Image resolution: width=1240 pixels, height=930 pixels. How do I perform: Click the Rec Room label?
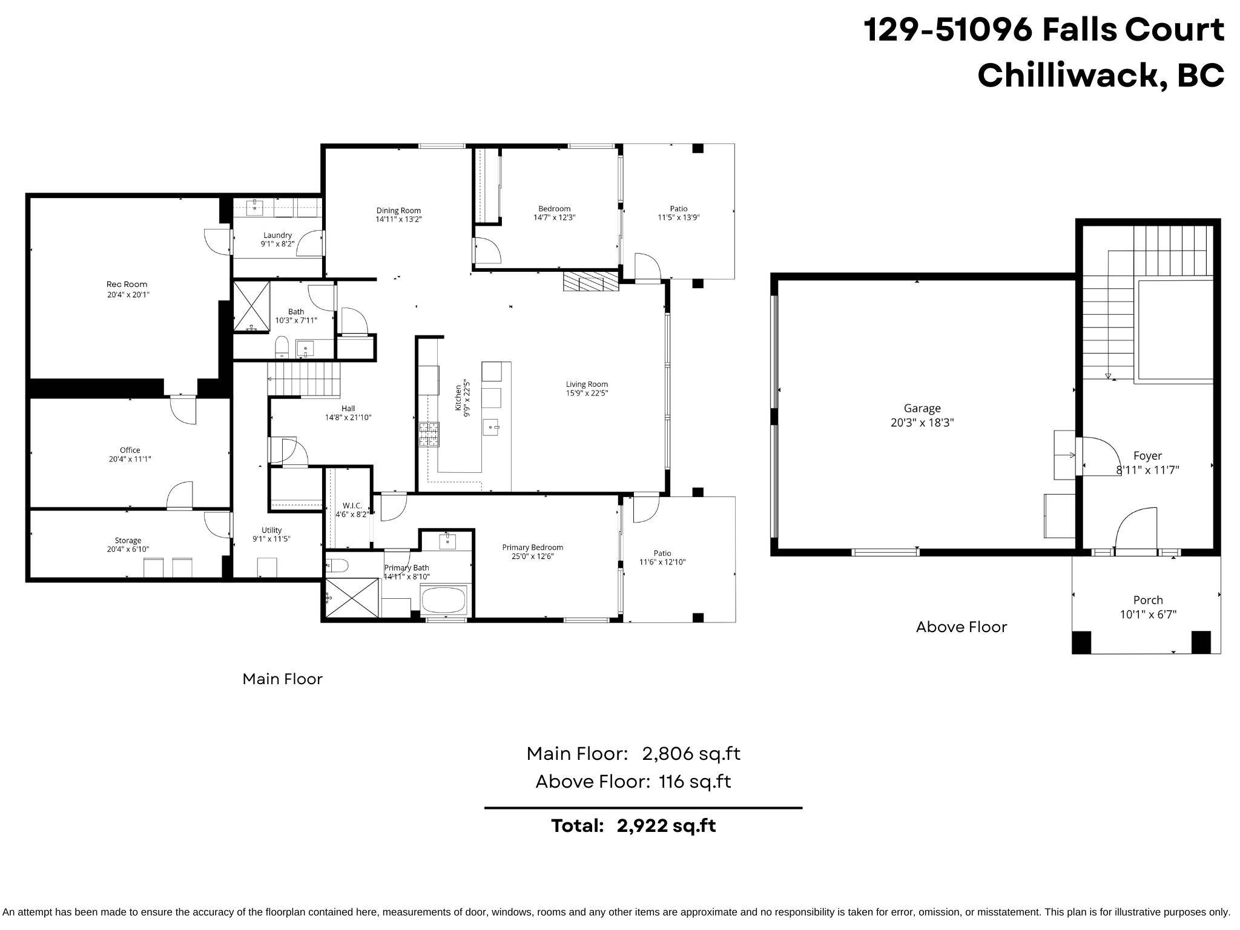pyautogui.click(x=127, y=284)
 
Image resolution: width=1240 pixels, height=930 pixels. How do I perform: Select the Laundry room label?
pyautogui.click(x=277, y=235)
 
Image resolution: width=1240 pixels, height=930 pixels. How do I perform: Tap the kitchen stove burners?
pyautogui.click(x=429, y=434)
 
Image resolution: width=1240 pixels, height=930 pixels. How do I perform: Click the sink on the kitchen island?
pyautogui.click(x=491, y=427)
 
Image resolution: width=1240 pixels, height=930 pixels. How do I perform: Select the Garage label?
pyautogui.click(x=922, y=409)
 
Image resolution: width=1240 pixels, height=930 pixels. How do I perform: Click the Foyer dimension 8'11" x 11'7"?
pyautogui.click(x=1147, y=470)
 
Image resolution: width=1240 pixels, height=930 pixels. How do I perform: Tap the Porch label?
pyautogui.click(x=1148, y=600)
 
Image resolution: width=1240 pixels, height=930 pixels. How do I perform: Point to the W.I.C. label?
pyautogui.click(x=352, y=506)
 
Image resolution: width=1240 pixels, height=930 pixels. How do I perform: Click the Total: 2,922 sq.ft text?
pyautogui.click(x=633, y=826)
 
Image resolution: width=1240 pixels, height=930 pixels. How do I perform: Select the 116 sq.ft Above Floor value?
pyautogui.click(x=694, y=782)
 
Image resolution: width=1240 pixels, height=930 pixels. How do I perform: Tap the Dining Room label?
pyautogui.click(x=398, y=211)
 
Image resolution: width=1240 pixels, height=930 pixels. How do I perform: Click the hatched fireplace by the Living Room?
pyautogui.click(x=591, y=282)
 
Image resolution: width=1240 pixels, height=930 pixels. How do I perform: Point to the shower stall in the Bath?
pyautogui.click(x=251, y=306)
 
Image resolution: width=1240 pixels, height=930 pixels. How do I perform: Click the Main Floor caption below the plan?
pyautogui.click(x=282, y=679)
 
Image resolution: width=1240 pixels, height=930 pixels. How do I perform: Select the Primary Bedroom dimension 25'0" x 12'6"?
pyautogui.click(x=532, y=556)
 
